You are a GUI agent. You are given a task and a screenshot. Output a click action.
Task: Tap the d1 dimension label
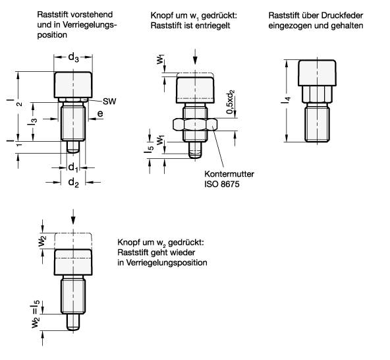72,167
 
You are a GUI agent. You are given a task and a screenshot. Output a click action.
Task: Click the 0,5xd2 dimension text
229,102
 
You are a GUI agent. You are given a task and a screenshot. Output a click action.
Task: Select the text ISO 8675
221,186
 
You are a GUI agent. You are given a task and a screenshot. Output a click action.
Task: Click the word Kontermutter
228,175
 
